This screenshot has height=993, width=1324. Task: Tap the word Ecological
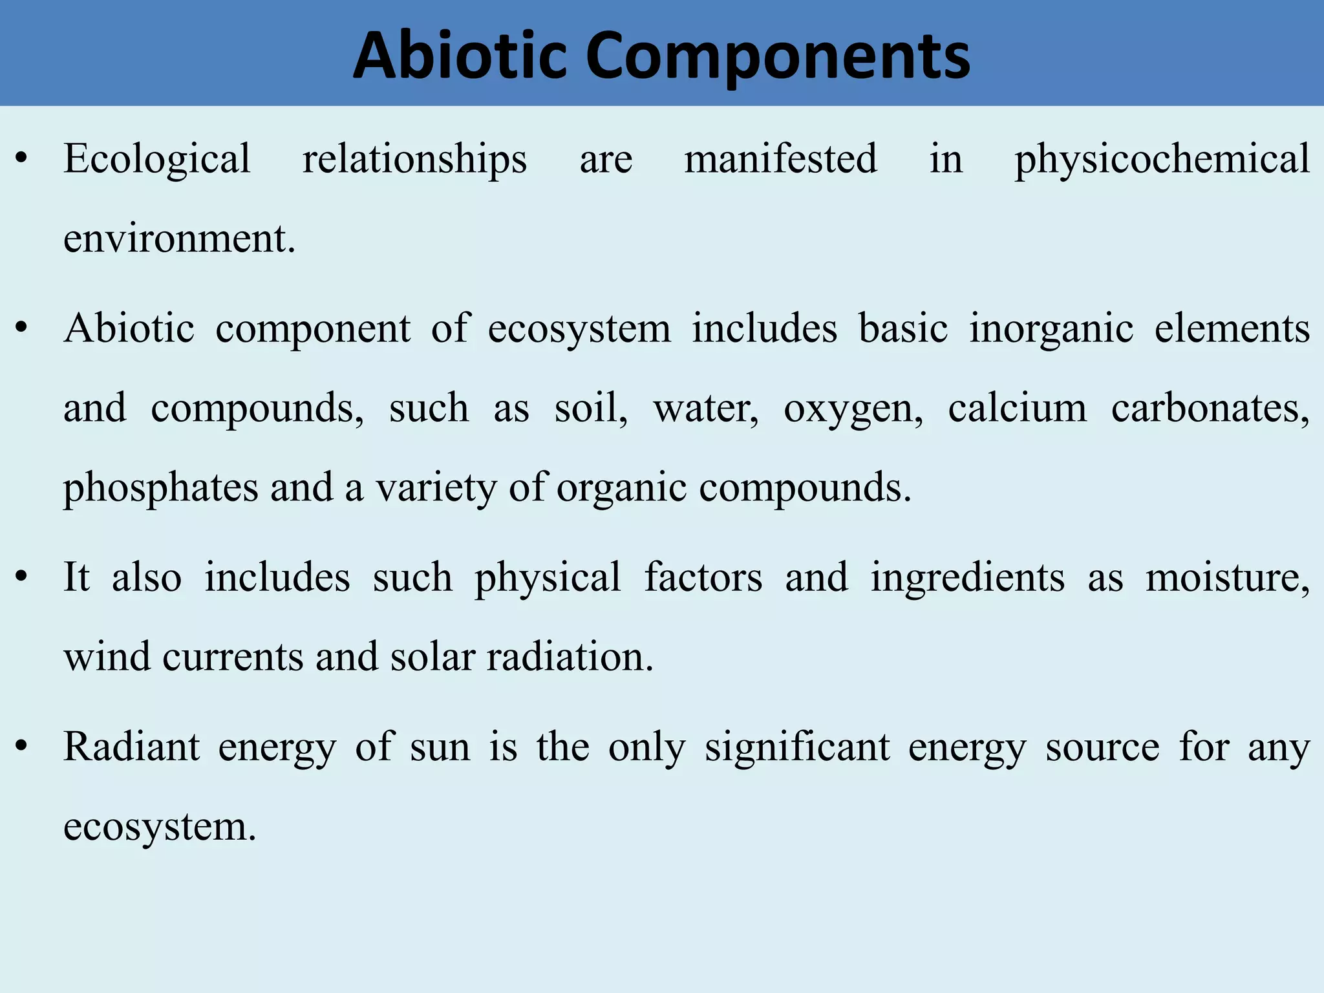click(x=156, y=159)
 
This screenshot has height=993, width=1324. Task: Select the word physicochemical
click(x=1162, y=159)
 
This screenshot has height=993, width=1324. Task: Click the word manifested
click(x=780, y=159)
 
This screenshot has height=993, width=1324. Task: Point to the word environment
click(x=179, y=239)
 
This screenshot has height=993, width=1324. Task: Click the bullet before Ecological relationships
click(x=22, y=159)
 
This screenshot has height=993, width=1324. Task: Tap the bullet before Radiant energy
click(x=22, y=747)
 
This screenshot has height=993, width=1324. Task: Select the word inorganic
click(x=1051, y=328)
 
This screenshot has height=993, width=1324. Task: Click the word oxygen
click(x=853, y=409)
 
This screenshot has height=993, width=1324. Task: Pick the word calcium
click(x=1017, y=408)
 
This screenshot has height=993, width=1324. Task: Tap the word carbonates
click(x=1210, y=409)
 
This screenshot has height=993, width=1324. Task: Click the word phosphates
click(x=160, y=488)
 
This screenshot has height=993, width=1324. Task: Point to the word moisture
click(x=1227, y=577)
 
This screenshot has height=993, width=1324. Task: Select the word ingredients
click(x=967, y=577)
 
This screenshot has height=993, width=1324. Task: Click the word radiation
click(x=570, y=657)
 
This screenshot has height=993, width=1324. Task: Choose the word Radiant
click(x=132, y=747)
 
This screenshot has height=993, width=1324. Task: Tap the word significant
click(x=796, y=747)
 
